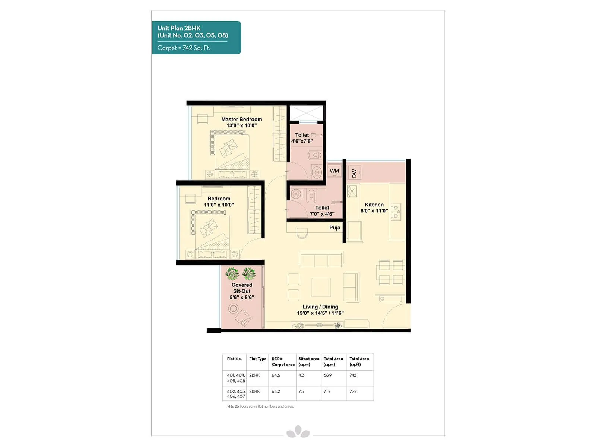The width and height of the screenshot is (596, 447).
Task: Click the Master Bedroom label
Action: point(241,120)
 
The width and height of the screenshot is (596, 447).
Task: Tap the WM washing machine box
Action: point(335,171)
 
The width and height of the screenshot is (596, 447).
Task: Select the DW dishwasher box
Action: point(354,173)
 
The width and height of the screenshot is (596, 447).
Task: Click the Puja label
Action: point(335,228)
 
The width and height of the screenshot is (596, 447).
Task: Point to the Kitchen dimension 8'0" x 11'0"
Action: point(374,211)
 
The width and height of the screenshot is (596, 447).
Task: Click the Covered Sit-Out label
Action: point(242,288)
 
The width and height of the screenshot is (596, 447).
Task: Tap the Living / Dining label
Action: point(320,307)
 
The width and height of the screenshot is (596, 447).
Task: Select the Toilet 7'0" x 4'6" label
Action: point(322,211)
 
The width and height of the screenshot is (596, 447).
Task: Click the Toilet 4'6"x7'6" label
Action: point(302,138)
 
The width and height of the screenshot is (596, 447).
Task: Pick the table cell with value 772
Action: point(353,391)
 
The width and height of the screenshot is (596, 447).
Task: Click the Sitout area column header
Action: point(308,361)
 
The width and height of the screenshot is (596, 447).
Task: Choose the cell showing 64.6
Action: point(276,375)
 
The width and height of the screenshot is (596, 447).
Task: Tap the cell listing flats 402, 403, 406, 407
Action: point(236,394)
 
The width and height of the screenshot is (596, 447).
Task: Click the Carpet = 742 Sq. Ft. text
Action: point(184,48)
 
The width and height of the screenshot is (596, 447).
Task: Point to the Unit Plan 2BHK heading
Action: point(179,28)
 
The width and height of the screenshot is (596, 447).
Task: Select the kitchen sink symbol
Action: point(352,191)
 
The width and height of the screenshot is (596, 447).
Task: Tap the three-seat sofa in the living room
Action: point(321,259)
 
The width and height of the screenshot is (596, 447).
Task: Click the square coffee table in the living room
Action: point(321,287)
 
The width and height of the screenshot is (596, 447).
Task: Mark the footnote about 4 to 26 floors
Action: point(260,406)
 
